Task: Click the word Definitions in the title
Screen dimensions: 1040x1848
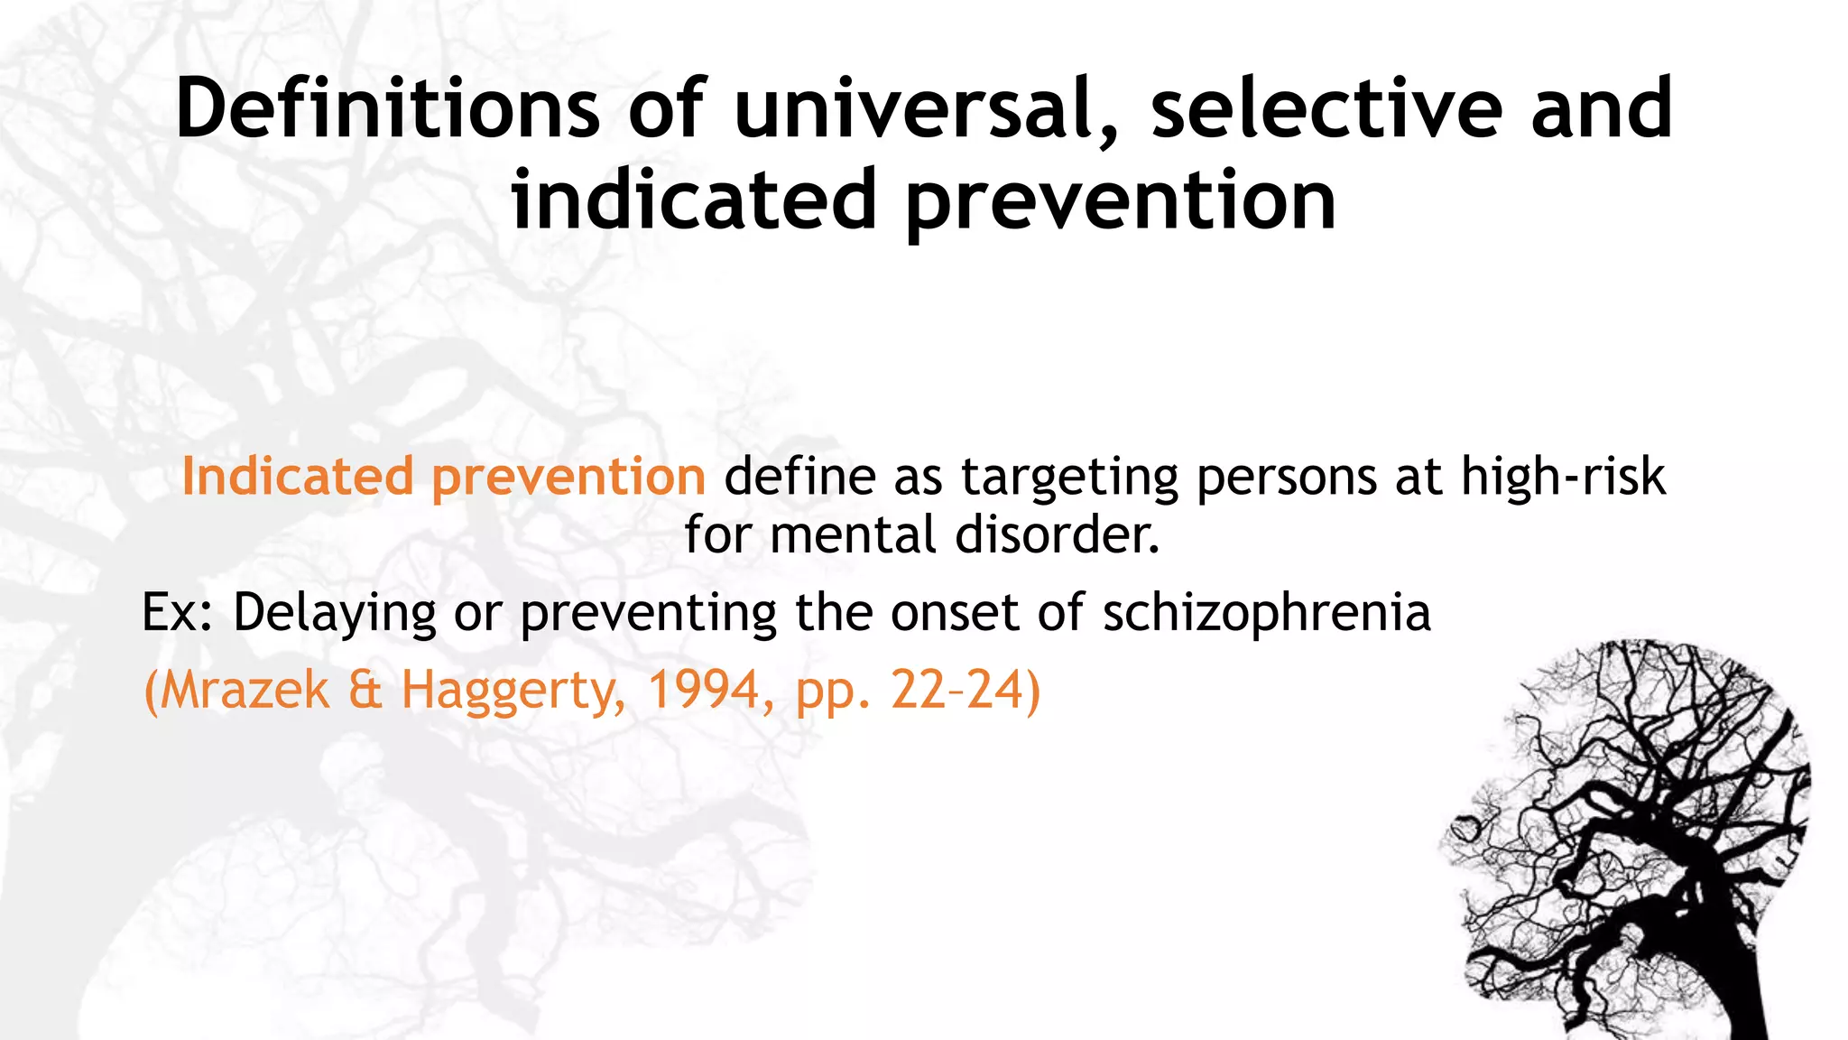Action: click(388, 109)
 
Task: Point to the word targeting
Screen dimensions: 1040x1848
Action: click(1069, 478)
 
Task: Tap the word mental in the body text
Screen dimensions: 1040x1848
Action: click(853, 534)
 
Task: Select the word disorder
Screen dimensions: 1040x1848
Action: click(1057, 534)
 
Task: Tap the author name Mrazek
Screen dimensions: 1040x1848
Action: click(245, 690)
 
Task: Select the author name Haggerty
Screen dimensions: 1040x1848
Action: click(513, 692)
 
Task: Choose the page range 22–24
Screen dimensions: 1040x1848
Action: click(957, 690)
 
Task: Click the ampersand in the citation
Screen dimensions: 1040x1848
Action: click(365, 690)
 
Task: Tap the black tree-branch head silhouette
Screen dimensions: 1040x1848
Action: click(1633, 840)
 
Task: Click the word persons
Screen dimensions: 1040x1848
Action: click(1287, 478)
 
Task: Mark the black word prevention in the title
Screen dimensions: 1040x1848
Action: click(1121, 201)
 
